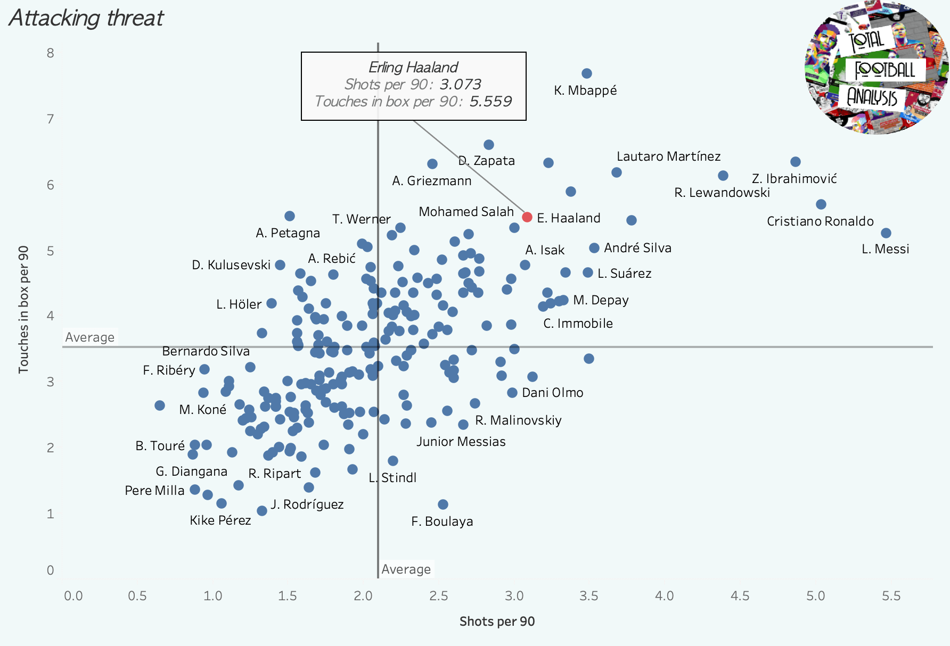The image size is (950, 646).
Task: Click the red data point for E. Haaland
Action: coord(527,217)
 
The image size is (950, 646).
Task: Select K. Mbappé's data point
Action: coord(587,73)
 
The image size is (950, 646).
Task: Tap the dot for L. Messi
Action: coord(886,233)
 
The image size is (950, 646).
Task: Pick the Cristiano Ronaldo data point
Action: coord(821,204)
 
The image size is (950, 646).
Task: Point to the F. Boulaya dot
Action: coord(443,504)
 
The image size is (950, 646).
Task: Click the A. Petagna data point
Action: coord(290,216)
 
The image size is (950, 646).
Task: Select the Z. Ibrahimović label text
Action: coord(794,179)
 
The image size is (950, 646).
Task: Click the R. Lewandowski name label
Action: coord(722,193)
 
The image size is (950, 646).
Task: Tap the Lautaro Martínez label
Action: coord(668,156)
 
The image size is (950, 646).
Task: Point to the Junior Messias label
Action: coord(461,442)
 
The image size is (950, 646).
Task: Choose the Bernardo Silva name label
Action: coord(206,351)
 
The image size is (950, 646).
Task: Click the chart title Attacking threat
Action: coord(86,18)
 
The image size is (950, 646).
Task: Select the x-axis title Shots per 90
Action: coord(497,622)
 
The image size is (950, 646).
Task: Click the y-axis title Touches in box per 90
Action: coord(23,309)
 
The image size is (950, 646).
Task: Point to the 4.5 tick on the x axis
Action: coord(740,596)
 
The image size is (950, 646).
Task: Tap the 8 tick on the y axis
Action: coord(51,53)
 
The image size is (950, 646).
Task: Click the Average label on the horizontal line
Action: coord(89,337)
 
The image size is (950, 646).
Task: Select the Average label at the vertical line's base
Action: coord(406,569)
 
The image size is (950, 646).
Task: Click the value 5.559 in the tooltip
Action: coord(490,101)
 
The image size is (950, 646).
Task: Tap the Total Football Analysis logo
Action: coord(876,68)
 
